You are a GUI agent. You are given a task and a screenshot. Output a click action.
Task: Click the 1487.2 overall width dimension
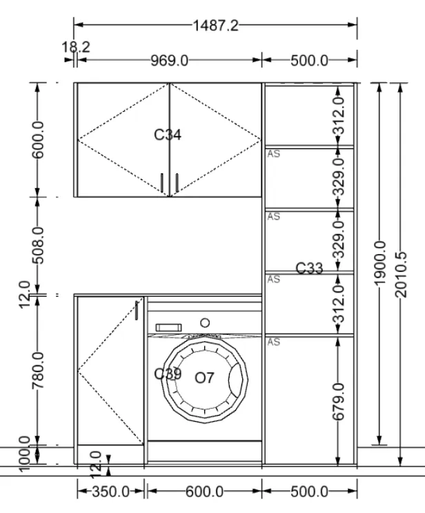coord(216,26)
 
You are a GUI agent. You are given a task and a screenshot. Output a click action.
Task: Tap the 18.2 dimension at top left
coord(76,47)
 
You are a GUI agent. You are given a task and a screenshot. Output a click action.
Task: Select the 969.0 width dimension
coord(169,61)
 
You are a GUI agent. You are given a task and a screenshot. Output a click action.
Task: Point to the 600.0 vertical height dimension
coord(37,139)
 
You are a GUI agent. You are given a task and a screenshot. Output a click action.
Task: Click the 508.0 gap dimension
coord(37,245)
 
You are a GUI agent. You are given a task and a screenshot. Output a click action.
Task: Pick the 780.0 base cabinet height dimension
coord(37,371)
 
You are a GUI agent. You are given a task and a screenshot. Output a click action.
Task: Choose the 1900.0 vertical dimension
coord(380,263)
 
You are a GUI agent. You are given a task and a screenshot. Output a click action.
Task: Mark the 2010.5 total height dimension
coord(401,275)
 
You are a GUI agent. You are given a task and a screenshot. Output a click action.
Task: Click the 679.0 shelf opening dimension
coord(338,402)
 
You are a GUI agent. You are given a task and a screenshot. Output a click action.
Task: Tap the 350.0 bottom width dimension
coord(110,492)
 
